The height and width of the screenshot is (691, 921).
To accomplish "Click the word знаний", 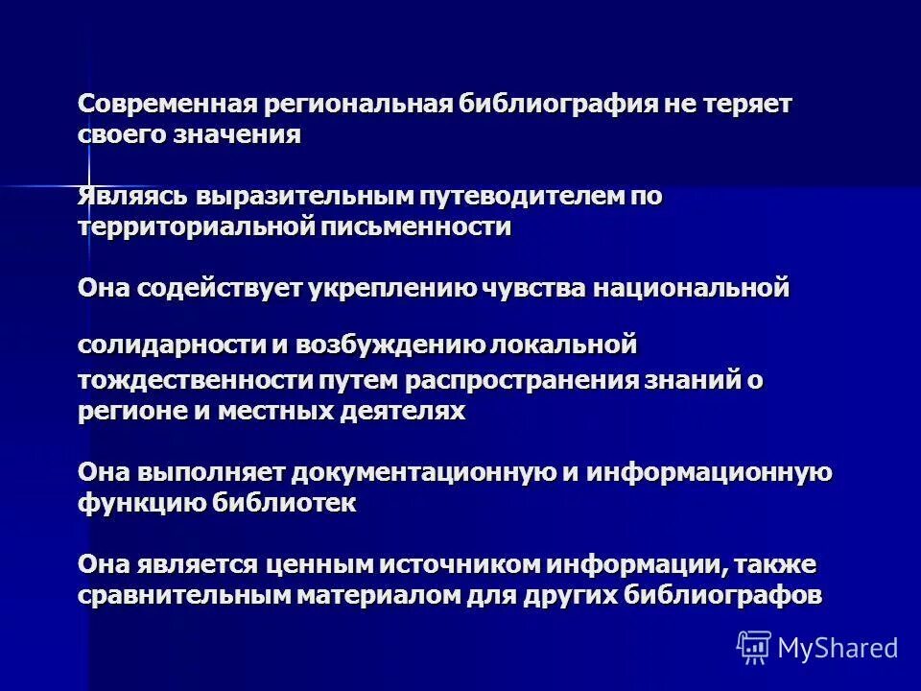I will [x=694, y=380].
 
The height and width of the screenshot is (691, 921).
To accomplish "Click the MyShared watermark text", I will [x=838, y=648].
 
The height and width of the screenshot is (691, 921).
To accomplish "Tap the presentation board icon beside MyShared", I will [x=754, y=648].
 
